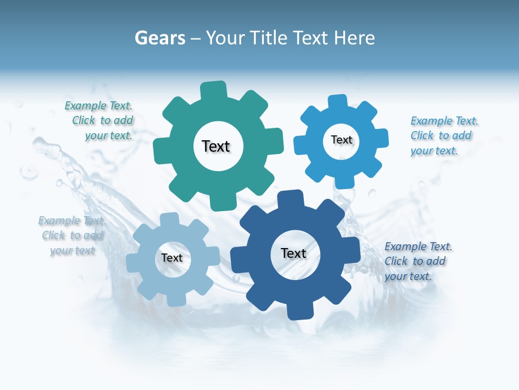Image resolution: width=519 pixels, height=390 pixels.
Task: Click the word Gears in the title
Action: coord(160,38)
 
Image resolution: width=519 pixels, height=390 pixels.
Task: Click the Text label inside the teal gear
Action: coord(216,146)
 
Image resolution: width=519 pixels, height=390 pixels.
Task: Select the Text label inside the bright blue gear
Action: coord(342,140)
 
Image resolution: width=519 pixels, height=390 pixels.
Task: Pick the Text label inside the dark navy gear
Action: coord(294,253)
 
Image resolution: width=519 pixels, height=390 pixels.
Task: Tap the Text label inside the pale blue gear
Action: coord(172,258)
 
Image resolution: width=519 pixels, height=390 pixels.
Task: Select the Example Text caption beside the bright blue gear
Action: coord(443,135)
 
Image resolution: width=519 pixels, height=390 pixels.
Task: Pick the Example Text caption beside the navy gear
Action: coord(417,261)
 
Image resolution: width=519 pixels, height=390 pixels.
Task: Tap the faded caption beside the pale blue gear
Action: coord(72,235)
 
